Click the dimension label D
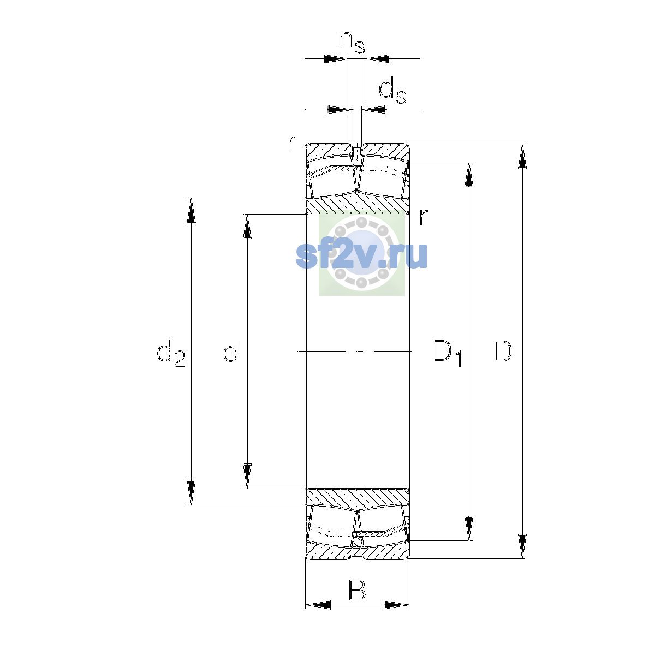click(502, 351)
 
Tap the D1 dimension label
click(448, 353)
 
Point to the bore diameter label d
click(231, 351)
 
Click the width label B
click(357, 591)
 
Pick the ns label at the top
click(352, 43)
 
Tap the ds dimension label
click(392, 91)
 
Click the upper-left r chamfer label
click(292, 142)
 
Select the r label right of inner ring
click(424, 217)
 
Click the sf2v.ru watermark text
click(361, 255)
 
